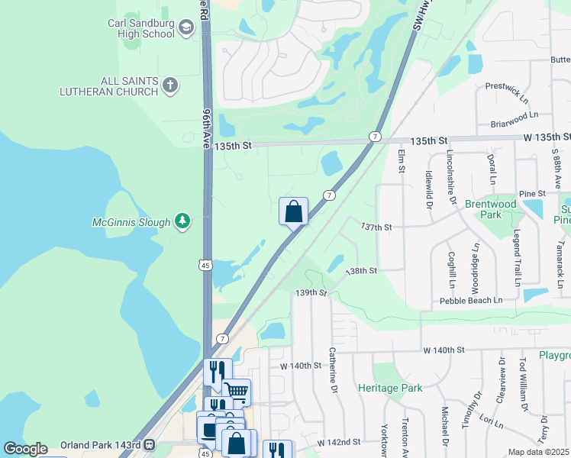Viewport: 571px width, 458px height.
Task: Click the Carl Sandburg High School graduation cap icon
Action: (x=185, y=29)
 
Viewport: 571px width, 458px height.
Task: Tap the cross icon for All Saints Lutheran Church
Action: (x=170, y=85)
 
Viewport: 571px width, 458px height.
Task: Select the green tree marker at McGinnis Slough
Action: (x=182, y=221)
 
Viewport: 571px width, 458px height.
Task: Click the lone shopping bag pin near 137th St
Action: (x=293, y=212)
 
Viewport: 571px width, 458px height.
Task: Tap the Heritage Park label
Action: (x=390, y=389)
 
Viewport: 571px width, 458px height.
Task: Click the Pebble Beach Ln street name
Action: (x=471, y=301)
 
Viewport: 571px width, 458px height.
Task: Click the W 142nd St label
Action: (x=334, y=442)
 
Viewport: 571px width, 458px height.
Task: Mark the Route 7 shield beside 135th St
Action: (x=374, y=136)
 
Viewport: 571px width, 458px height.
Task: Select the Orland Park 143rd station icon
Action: (x=150, y=444)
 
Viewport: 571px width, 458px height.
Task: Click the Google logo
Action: (x=25, y=449)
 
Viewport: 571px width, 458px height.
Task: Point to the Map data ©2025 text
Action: (x=538, y=452)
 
